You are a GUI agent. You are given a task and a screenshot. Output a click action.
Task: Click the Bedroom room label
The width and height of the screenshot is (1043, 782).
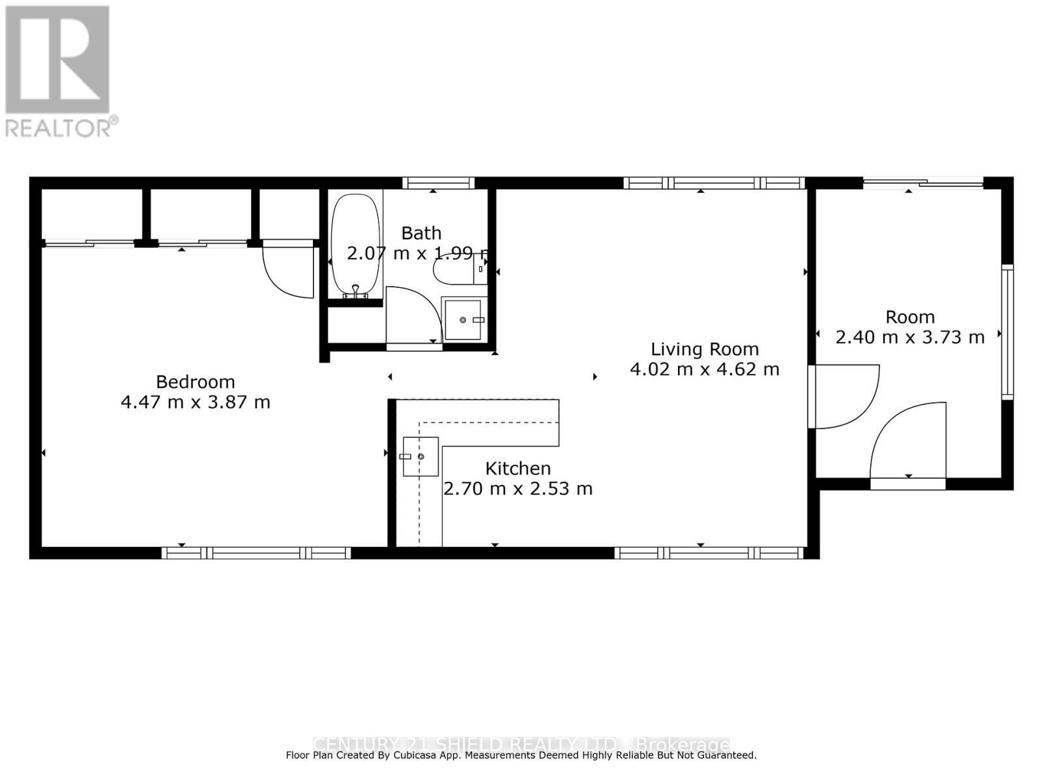(x=195, y=382)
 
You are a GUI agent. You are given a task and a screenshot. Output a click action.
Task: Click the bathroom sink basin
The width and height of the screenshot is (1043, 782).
(x=463, y=320)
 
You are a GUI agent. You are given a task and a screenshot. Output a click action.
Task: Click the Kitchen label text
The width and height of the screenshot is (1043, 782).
(x=518, y=469)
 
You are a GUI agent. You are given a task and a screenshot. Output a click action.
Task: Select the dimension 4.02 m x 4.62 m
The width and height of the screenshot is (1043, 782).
(x=704, y=369)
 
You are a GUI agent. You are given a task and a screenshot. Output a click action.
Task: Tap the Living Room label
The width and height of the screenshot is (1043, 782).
(x=704, y=349)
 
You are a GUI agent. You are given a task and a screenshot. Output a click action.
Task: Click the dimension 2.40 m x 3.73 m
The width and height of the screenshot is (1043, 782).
(x=909, y=337)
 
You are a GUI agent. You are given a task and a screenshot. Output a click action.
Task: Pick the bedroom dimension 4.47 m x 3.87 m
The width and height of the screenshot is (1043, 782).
(x=195, y=402)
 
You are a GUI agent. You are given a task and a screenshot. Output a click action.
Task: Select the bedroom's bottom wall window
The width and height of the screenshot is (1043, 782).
(x=256, y=553)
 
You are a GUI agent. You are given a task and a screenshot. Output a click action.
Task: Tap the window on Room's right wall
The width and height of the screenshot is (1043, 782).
(x=1007, y=332)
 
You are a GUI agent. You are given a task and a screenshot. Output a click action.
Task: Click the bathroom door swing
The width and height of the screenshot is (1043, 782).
(x=411, y=319)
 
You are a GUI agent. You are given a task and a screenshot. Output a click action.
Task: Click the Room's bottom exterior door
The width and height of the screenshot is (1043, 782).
(x=907, y=443)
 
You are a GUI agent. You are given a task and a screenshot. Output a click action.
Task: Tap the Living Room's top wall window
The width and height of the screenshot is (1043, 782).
(x=714, y=183)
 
